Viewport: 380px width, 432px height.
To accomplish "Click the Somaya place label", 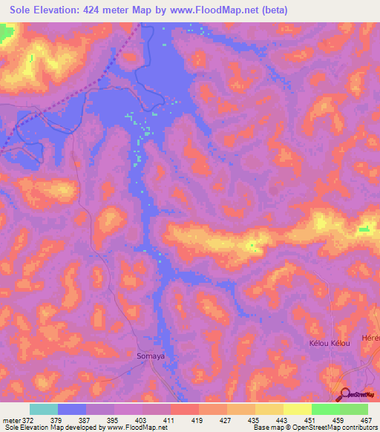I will tap(151, 356).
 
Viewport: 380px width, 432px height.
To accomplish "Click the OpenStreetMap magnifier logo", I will tap(344, 394).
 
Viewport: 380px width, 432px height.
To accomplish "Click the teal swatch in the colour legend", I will tap(44, 409).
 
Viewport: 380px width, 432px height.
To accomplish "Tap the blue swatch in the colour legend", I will tap(72, 409).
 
